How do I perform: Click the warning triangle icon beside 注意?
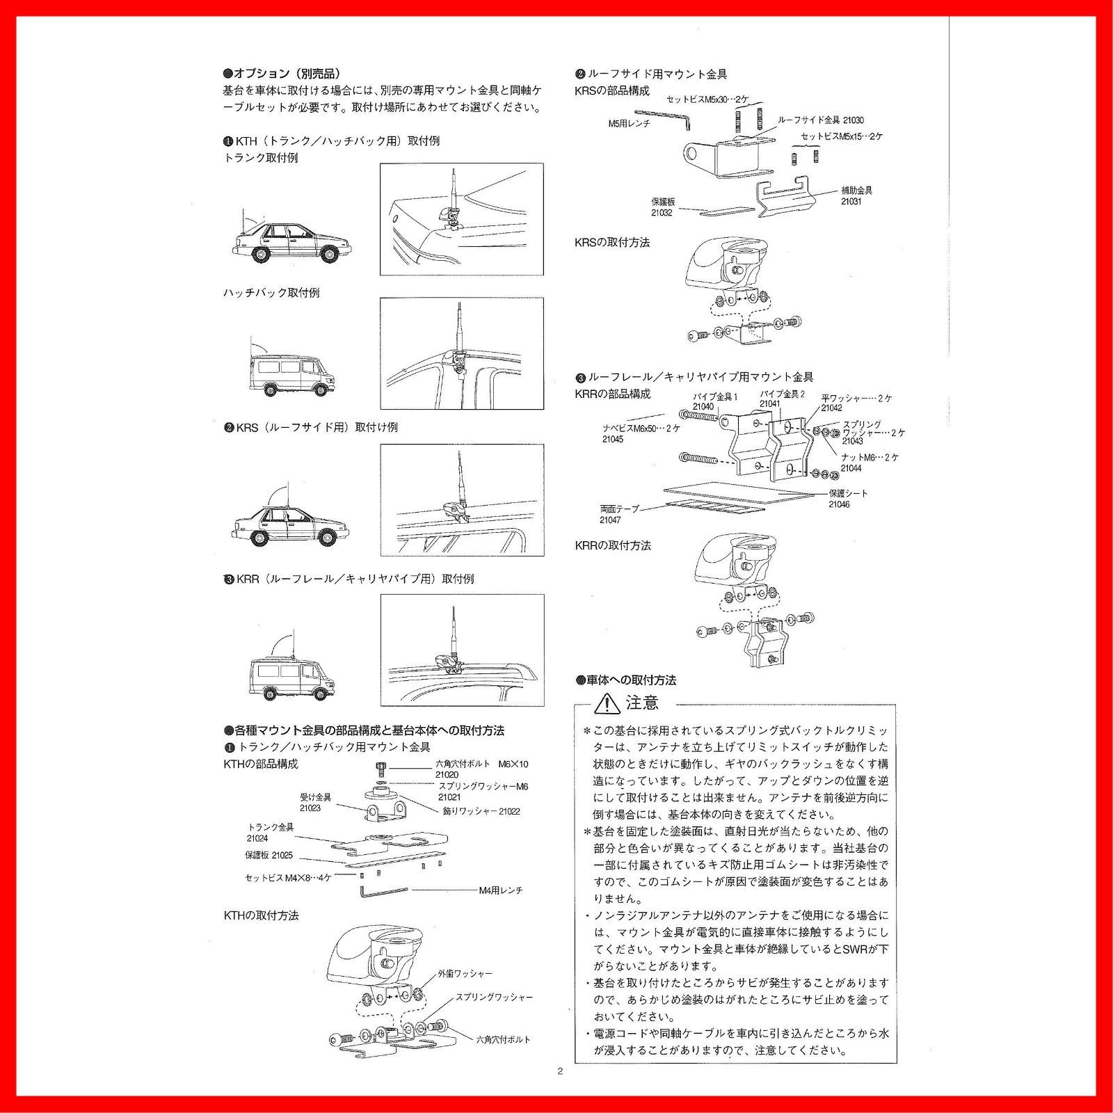click(607, 703)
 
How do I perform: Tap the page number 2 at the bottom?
click(560, 1071)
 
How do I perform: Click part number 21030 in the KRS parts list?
click(854, 120)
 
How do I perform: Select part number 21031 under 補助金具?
click(851, 202)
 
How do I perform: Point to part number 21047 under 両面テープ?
click(610, 520)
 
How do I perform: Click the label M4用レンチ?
click(500, 890)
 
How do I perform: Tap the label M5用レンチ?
click(629, 124)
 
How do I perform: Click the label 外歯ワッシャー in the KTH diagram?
click(465, 974)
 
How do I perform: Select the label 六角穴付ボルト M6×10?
click(482, 764)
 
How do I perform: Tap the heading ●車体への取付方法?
click(625, 680)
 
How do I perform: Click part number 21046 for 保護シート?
click(838, 504)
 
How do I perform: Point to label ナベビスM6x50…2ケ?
click(641, 429)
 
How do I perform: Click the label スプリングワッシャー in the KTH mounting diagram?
click(494, 998)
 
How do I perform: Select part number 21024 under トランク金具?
click(257, 838)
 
